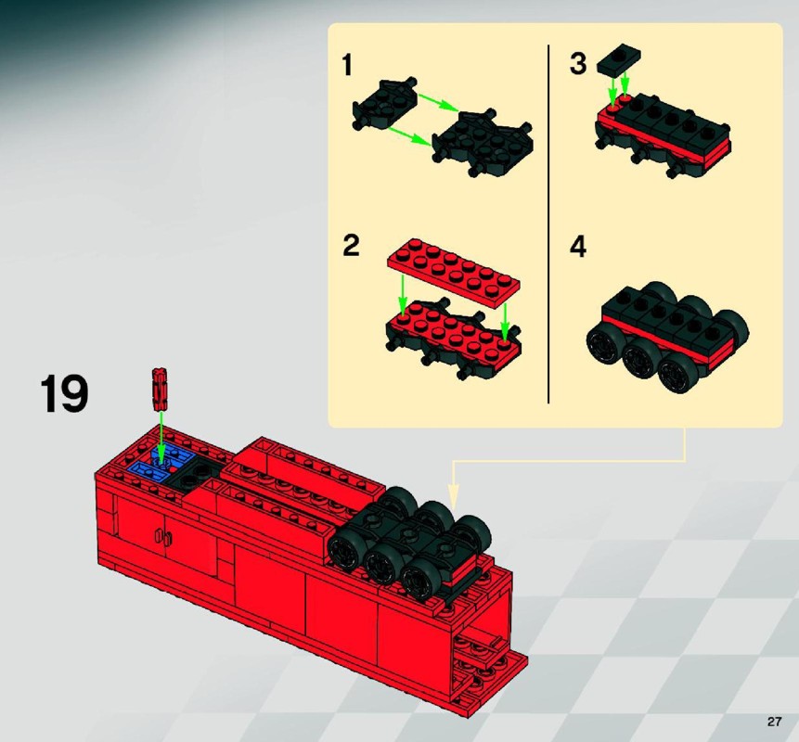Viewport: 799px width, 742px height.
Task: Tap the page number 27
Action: pyautogui.click(x=774, y=722)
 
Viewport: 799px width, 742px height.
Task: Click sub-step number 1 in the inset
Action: pyautogui.click(x=347, y=65)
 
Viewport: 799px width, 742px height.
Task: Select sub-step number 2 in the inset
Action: pyautogui.click(x=351, y=246)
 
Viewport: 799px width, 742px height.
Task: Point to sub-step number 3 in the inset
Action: pyautogui.click(x=578, y=64)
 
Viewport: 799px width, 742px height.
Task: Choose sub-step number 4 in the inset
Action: pyautogui.click(x=578, y=247)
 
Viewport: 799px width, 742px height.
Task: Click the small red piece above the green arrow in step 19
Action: pyautogui.click(x=160, y=389)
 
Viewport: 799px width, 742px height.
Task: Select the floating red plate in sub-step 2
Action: pyautogui.click(x=453, y=272)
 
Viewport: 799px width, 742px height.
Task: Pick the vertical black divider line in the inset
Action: pyautogui.click(x=548, y=224)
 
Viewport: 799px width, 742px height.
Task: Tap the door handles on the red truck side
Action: pyautogui.click(x=163, y=537)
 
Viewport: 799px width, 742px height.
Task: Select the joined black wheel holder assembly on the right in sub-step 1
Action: pyautogui.click(x=482, y=143)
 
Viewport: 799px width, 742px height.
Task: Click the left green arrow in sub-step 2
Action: pyautogui.click(x=403, y=295)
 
